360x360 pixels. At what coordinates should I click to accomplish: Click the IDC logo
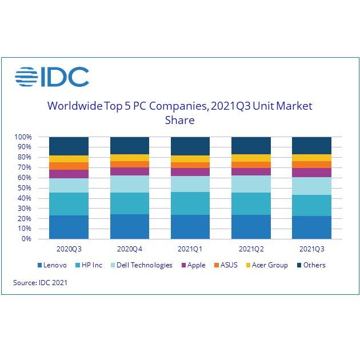pyautogui.click(x=52, y=77)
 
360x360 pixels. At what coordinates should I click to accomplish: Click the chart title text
pyautogui.click(x=179, y=113)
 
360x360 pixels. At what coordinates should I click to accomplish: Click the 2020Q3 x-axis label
pyautogui.click(x=69, y=249)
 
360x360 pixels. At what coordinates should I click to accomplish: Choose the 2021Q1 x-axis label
pyautogui.click(x=190, y=249)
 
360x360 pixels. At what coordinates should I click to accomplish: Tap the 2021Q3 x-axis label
pyautogui.click(x=311, y=249)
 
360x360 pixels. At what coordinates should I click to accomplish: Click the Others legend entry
pyautogui.click(x=311, y=265)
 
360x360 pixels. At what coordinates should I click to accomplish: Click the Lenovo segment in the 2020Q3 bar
pyautogui.click(x=69, y=227)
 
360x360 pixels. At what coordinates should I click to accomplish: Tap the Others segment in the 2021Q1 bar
pyautogui.click(x=190, y=146)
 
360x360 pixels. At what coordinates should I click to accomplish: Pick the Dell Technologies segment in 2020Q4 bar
pyautogui.click(x=129, y=184)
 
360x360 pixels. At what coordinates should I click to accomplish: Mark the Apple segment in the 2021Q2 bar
pyautogui.click(x=251, y=171)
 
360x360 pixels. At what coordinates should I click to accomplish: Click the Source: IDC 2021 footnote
pyautogui.click(x=40, y=282)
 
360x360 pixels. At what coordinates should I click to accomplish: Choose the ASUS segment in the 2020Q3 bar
pyautogui.click(x=69, y=166)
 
